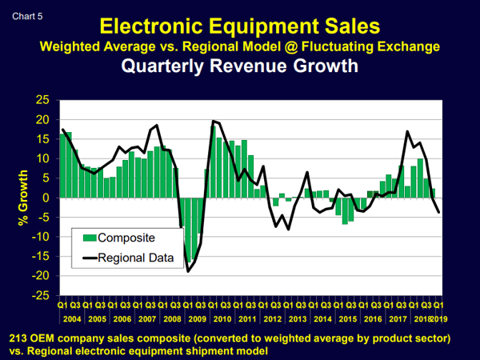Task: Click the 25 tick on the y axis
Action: coord(41,100)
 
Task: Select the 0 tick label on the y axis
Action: coord(45,198)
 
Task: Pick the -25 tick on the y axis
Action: coord(39,295)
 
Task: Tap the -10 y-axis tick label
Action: coord(39,237)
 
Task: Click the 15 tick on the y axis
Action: coord(41,139)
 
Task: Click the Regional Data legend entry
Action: coord(136,257)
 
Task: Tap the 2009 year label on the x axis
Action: coord(196,318)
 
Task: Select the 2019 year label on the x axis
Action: coord(439,318)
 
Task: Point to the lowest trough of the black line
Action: coord(188,272)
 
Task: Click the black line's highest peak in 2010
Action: coord(213,121)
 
